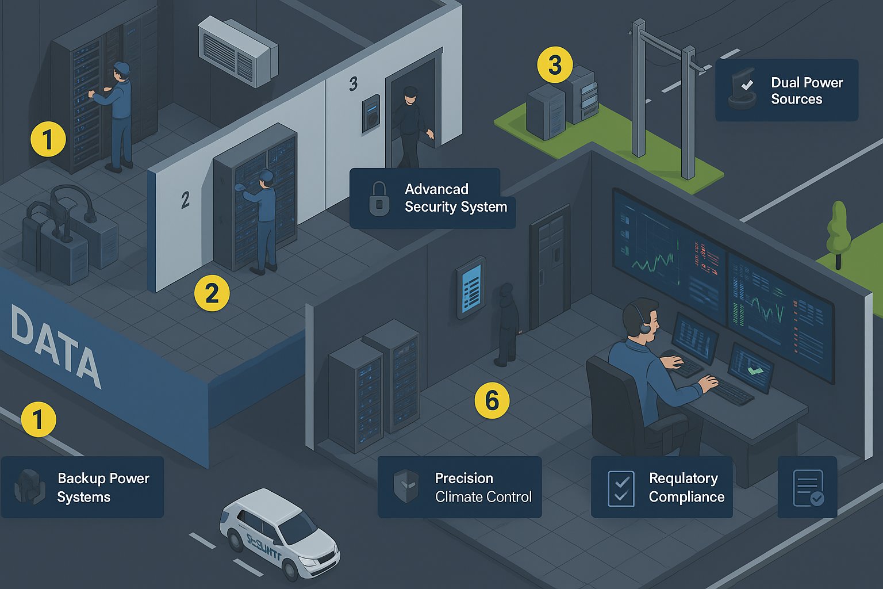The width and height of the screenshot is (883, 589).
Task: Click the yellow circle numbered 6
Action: (x=492, y=400)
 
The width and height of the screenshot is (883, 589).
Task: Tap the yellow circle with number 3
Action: (x=555, y=64)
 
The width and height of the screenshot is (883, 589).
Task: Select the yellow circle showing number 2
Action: (x=212, y=293)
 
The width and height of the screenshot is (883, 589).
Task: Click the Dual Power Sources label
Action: (x=807, y=91)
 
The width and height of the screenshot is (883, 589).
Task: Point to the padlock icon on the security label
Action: (x=379, y=198)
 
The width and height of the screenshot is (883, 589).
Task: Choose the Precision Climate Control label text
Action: (x=483, y=488)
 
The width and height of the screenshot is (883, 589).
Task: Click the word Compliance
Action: (x=686, y=497)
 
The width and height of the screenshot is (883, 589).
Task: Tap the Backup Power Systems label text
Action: (x=103, y=488)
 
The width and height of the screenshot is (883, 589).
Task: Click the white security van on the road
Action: (x=279, y=533)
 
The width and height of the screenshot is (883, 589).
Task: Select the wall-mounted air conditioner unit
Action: (x=237, y=51)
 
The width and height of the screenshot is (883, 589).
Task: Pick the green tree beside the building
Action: (x=838, y=230)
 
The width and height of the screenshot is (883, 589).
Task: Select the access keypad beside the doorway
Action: (x=371, y=114)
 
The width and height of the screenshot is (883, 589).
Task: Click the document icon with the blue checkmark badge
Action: (x=808, y=488)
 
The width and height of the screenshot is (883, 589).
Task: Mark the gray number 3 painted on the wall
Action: (x=353, y=84)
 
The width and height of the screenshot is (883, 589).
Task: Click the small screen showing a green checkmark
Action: (x=751, y=368)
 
